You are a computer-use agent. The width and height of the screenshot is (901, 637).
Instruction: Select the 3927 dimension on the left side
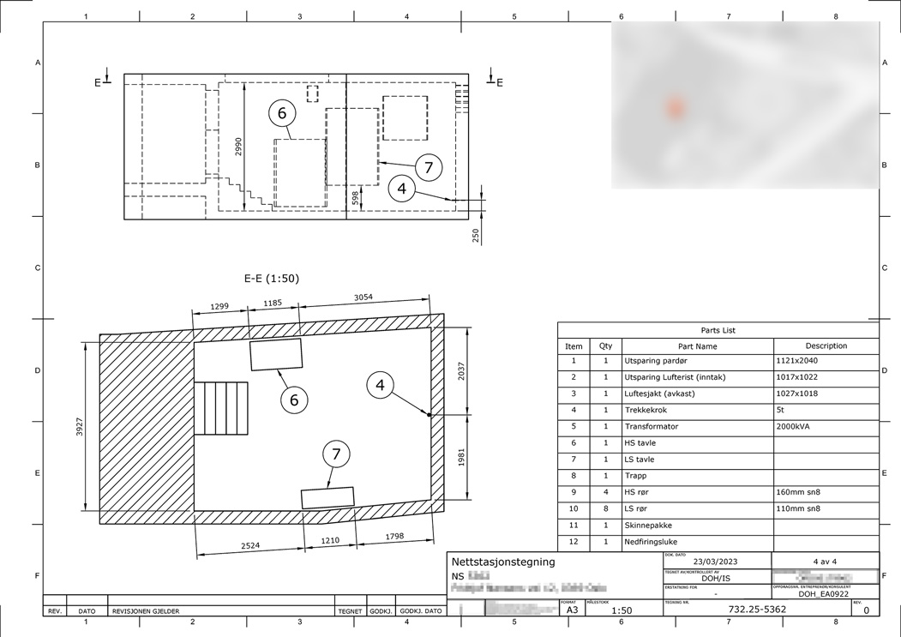[80, 428]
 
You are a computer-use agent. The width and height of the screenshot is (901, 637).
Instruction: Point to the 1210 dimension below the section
[329, 542]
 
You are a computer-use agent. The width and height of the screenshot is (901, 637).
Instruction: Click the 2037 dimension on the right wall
[463, 372]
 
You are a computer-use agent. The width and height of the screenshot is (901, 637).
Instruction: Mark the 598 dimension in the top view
[356, 198]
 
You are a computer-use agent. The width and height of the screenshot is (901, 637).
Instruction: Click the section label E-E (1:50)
[272, 279]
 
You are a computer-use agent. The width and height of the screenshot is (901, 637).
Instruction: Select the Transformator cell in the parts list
[652, 426]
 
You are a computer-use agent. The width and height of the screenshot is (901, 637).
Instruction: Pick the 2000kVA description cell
[797, 426]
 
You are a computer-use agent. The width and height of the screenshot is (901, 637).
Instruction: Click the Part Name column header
[697, 346]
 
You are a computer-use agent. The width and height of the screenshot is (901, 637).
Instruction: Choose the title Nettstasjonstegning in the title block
[503, 562]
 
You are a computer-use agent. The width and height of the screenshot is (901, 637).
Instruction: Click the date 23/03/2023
[716, 562]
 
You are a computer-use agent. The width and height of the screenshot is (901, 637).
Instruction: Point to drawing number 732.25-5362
[757, 610]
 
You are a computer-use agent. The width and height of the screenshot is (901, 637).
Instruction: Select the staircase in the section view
[220, 409]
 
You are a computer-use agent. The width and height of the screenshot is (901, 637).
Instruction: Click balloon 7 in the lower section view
[336, 455]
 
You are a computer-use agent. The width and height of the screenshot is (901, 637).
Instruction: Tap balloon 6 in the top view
[281, 112]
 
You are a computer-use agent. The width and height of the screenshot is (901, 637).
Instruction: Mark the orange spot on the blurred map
[676, 108]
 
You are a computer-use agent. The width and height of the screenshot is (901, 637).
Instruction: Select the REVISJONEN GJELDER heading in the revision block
[145, 611]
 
